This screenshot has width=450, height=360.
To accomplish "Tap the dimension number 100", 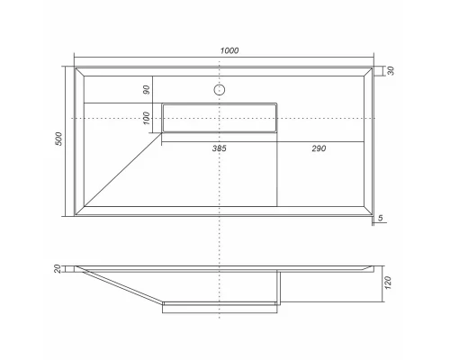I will pos(145,118).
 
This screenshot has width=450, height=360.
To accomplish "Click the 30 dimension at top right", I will pos(390,71).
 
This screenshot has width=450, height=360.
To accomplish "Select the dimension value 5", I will pos(382,219).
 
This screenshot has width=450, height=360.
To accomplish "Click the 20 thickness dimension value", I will pos(58,269).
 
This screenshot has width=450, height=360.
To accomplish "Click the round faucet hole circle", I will pos(219,90).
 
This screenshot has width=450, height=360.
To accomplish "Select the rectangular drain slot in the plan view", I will pos(220,118).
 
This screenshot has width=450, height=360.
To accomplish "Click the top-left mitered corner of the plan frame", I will pos(78,70).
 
